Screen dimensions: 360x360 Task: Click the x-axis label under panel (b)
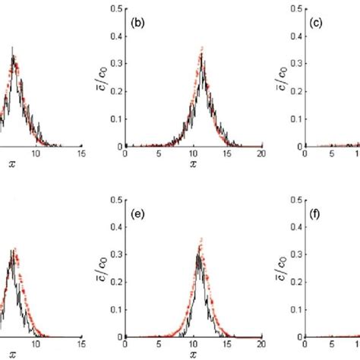(193, 163)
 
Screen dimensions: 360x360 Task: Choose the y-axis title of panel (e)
(96, 268)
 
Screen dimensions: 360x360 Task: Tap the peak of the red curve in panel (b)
(202, 50)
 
